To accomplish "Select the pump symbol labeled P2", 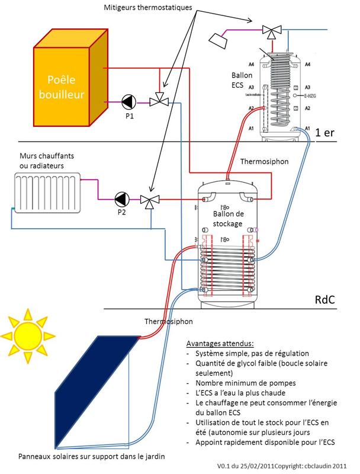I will click(x=121, y=199).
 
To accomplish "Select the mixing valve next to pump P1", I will click(x=158, y=101).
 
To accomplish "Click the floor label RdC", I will click(x=325, y=300).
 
